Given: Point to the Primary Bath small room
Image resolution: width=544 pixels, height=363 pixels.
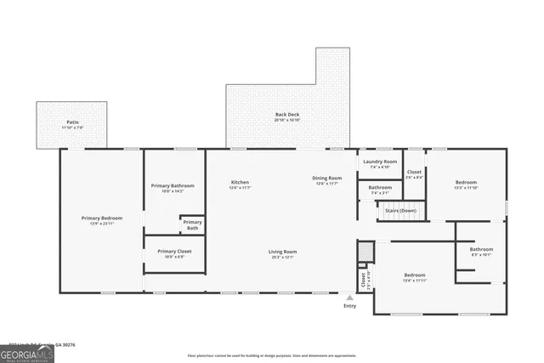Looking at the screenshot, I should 192,224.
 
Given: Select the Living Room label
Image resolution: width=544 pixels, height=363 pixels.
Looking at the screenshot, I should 282,253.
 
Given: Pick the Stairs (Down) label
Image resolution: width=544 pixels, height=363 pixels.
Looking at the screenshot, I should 397,210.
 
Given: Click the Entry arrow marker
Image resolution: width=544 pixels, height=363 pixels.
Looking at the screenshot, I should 350,297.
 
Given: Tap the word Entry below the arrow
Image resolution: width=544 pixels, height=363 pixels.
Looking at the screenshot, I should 350,306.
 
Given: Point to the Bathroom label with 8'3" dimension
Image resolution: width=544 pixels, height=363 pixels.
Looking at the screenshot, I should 482,252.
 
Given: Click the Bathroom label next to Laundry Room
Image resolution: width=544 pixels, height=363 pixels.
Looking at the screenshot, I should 380,190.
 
